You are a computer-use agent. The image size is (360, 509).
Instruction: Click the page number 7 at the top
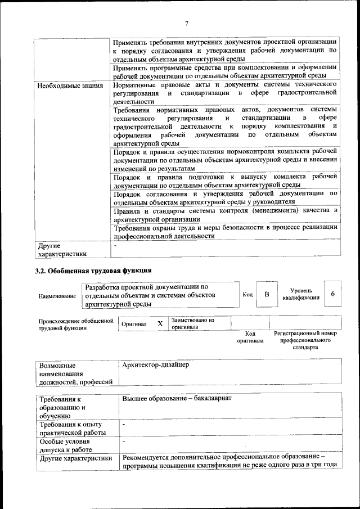pyautogui.click(x=186, y=23)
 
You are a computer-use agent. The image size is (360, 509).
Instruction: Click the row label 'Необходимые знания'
pyautogui.click(x=70, y=85)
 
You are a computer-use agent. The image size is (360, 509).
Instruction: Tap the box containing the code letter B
pyautogui.click(x=267, y=295)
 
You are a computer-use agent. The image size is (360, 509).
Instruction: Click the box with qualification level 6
pyautogui.click(x=332, y=294)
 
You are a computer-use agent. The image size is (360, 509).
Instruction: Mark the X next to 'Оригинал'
pyautogui.click(x=160, y=325)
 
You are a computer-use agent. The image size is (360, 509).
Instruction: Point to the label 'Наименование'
pyautogui.click(x=57, y=296)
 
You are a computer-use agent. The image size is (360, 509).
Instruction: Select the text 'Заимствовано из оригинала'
pyautogui.click(x=192, y=323)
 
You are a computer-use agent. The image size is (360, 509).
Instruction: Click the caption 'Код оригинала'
pyautogui.click(x=250, y=337)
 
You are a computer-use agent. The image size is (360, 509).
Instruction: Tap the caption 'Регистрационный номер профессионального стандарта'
pyautogui.click(x=305, y=340)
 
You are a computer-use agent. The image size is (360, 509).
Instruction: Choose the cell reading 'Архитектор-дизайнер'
pyautogui.click(x=155, y=365)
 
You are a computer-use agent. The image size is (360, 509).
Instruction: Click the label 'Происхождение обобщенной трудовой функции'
pyautogui.click(x=72, y=325)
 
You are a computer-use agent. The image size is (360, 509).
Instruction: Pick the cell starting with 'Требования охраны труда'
pyautogui.click(x=224, y=232)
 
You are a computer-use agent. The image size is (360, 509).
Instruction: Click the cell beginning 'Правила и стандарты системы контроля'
pyautogui.click(x=224, y=215)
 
